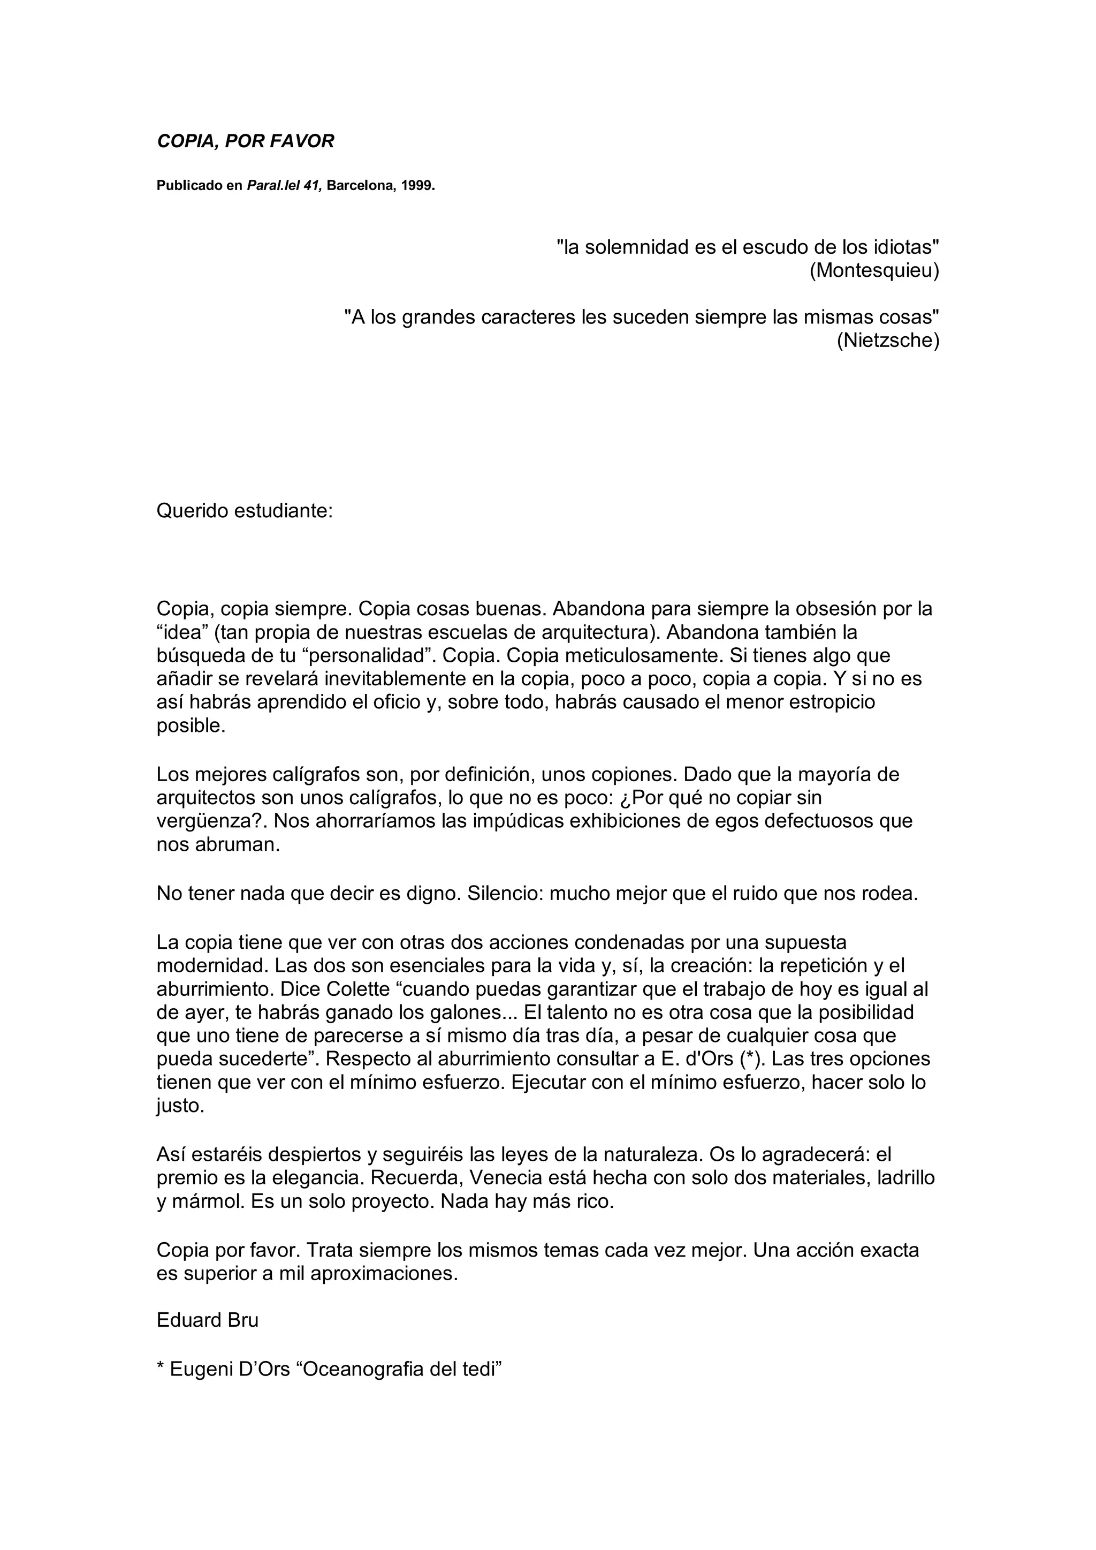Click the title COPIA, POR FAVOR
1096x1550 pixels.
click(x=245, y=141)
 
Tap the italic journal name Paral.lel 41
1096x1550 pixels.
click(x=284, y=185)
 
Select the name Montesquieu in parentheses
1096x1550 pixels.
click(x=874, y=271)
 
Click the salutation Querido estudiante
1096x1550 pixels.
click(x=245, y=510)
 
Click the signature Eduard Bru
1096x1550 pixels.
click(x=207, y=1320)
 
